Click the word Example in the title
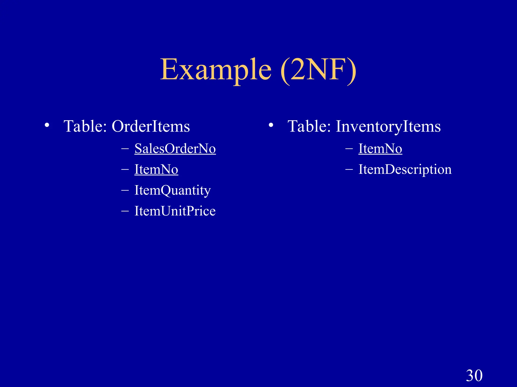(x=216, y=70)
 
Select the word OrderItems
(x=151, y=126)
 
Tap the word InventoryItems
(x=388, y=126)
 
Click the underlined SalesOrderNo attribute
(x=175, y=148)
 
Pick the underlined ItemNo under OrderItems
(x=156, y=169)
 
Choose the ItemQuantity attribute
(x=172, y=190)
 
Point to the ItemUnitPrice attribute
(x=175, y=211)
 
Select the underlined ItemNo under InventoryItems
(x=380, y=148)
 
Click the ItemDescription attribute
(x=405, y=169)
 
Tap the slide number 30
(x=474, y=375)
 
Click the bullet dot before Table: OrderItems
(x=47, y=125)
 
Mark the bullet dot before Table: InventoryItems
(x=271, y=125)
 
